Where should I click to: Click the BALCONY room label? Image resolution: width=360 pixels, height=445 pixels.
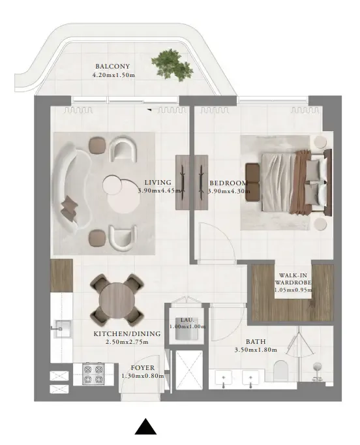pyautogui.click(x=112, y=67)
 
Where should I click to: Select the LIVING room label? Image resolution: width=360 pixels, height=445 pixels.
pyautogui.click(x=157, y=183)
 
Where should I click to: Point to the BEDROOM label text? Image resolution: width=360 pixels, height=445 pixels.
pyautogui.click(x=228, y=183)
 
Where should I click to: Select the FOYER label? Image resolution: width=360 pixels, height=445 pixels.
pyautogui.click(x=143, y=368)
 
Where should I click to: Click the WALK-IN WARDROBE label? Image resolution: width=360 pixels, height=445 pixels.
pyautogui.click(x=293, y=279)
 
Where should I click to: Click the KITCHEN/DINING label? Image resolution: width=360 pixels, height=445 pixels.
pyautogui.click(x=120, y=333)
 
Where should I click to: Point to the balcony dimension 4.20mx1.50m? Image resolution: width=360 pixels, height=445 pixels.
pyautogui.click(x=113, y=75)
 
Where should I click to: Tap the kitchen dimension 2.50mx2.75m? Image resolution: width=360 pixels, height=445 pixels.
pyautogui.click(x=121, y=341)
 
